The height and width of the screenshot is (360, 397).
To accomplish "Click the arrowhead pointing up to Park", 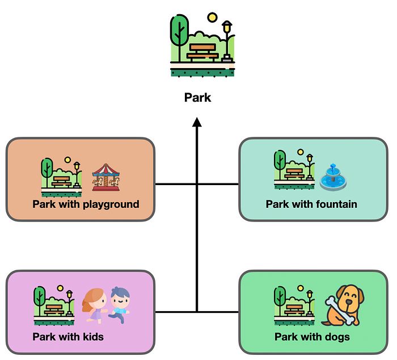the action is (x=197, y=122).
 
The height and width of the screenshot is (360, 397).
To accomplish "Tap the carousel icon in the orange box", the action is (x=106, y=177).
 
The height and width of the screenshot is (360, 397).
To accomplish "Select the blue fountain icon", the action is (x=333, y=177).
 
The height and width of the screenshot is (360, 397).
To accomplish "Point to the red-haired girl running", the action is (x=95, y=305).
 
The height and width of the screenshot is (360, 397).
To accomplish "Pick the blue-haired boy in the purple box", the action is (x=119, y=305).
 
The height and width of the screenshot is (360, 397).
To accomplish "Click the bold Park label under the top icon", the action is (x=197, y=97).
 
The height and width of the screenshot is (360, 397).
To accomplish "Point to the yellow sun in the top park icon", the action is (x=212, y=18).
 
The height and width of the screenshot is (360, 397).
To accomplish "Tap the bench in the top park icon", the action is (x=202, y=52).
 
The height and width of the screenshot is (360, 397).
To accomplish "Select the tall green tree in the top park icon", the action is (x=179, y=37).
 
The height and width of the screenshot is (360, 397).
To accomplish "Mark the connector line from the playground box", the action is (x=176, y=184).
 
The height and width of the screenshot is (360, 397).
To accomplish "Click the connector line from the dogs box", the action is (x=218, y=312).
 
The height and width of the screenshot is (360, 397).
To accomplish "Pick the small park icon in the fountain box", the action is (x=294, y=169).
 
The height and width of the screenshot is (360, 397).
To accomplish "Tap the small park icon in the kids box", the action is (x=54, y=305).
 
